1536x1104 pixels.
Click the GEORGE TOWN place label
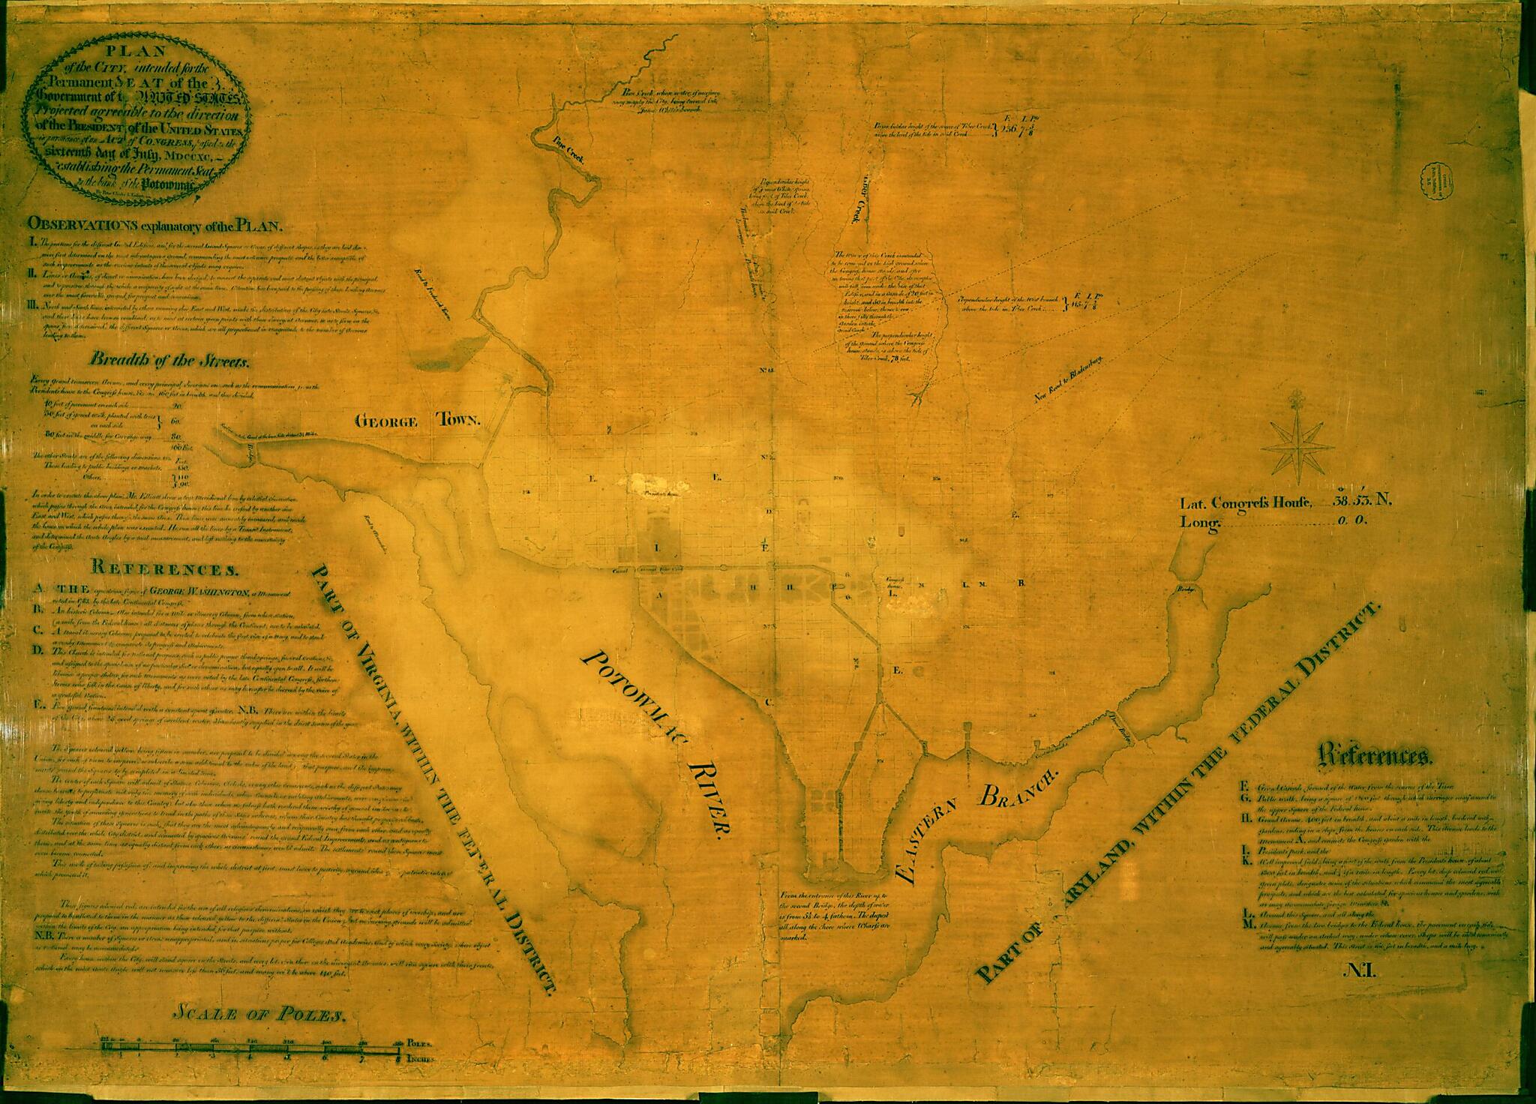point(416,421)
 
